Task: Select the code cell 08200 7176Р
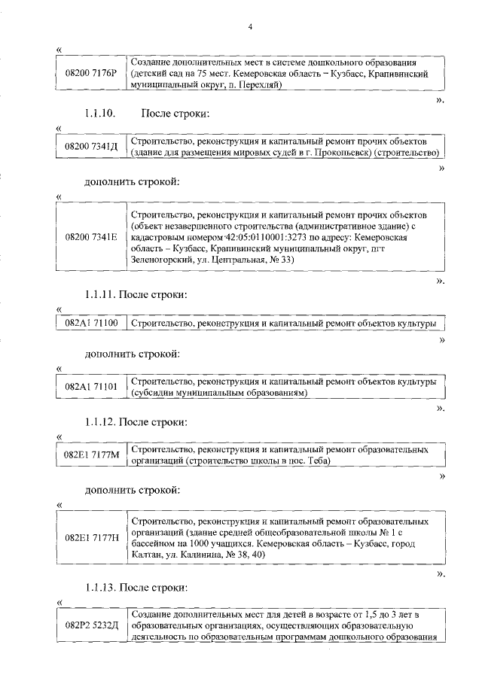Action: (x=91, y=72)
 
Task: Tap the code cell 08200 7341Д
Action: (x=91, y=147)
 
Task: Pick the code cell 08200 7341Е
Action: (x=91, y=237)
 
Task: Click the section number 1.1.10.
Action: (x=98, y=114)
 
